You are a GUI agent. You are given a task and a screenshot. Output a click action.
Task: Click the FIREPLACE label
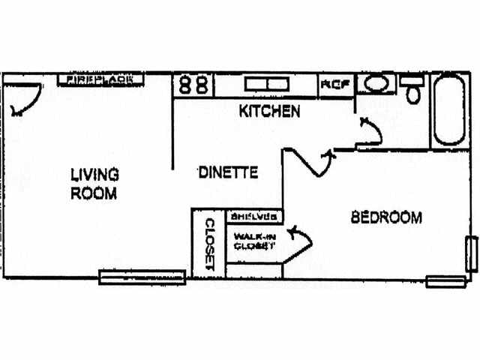pyautogui.click(x=100, y=79)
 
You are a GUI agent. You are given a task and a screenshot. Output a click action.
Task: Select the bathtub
pyautogui.click(x=448, y=111)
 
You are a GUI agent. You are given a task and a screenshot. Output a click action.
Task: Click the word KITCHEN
pyautogui.click(x=269, y=112)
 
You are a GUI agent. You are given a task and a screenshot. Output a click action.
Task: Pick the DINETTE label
pyautogui.click(x=228, y=172)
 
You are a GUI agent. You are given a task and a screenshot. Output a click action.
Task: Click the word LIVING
pyautogui.click(x=94, y=175)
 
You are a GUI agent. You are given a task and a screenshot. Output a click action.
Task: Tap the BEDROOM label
pyautogui.click(x=386, y=218)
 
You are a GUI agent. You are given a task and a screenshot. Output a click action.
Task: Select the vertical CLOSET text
pyautogui.click(x=209, y=244)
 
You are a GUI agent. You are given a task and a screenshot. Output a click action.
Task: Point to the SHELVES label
pyautogui.click(x=253, y=217)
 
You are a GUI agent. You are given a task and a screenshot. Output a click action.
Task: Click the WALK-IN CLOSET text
pyautogui.click(x=253, y=241)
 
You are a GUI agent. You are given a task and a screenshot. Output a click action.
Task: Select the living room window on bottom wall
pyautogui.click(x=142, y=277)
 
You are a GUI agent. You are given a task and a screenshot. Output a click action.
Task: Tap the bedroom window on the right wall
pyautogui.click(x=472, y=253)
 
